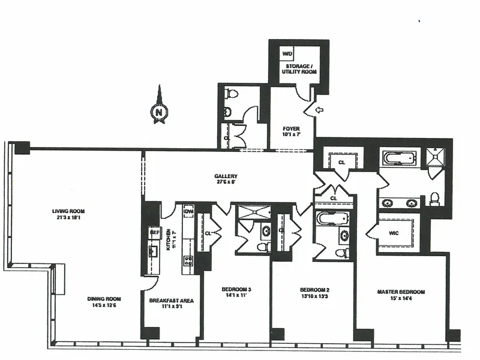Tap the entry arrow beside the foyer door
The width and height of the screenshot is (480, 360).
(x=319, y=110)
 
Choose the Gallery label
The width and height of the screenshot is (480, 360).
(x=226, y=179)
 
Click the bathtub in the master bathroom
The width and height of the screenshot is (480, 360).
(x=398, y=158)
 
